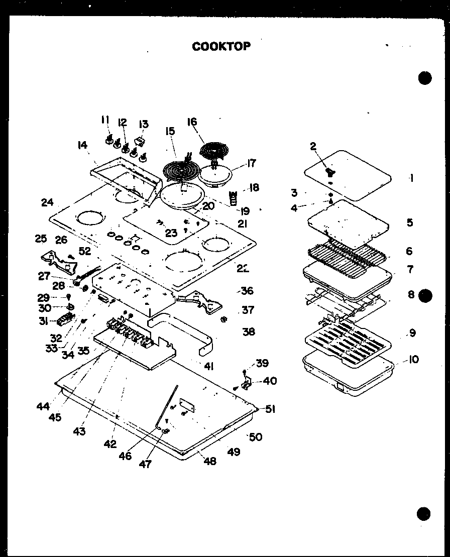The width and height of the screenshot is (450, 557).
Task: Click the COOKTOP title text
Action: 221,46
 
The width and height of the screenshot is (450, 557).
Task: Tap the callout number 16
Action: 192,122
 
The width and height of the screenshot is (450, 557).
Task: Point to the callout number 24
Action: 47,203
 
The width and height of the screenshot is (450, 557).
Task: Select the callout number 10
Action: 413,360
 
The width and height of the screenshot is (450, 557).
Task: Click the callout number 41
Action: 208,367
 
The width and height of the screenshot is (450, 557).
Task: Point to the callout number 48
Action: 210,461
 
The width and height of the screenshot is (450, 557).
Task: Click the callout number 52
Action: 85,251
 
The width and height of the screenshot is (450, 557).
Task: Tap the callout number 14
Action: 82,145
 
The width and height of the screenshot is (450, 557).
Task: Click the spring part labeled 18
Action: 233,198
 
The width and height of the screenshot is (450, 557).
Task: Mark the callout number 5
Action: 410,222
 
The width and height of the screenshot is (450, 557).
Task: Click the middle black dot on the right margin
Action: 425,295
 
